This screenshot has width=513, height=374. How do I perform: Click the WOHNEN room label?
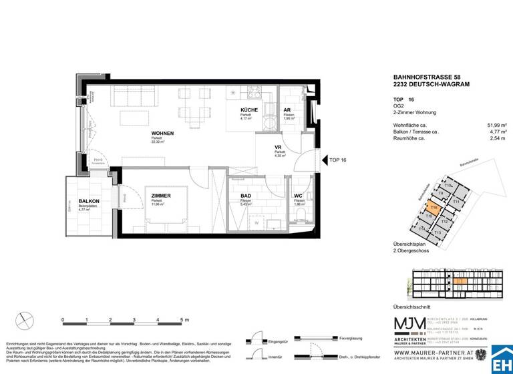[162, 132]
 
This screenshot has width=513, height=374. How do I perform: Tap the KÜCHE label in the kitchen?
[249, 112]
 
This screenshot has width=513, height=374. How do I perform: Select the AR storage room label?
[287, 111]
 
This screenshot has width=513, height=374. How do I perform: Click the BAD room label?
[246, 196]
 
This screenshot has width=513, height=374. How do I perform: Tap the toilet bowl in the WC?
[302, 214]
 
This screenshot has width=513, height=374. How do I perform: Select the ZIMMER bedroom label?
[161, 196]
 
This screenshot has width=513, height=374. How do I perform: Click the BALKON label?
[89, 201]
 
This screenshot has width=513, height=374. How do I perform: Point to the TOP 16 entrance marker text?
[337, 160]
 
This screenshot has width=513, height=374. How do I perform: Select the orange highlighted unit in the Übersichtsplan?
[434, 208]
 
